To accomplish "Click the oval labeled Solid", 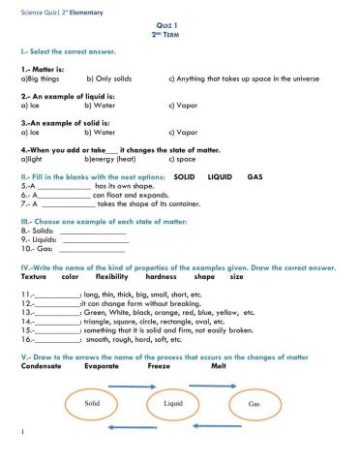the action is click(93, 402).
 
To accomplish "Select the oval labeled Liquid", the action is click(173, 402).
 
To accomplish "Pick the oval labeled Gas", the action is click(255, 403).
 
